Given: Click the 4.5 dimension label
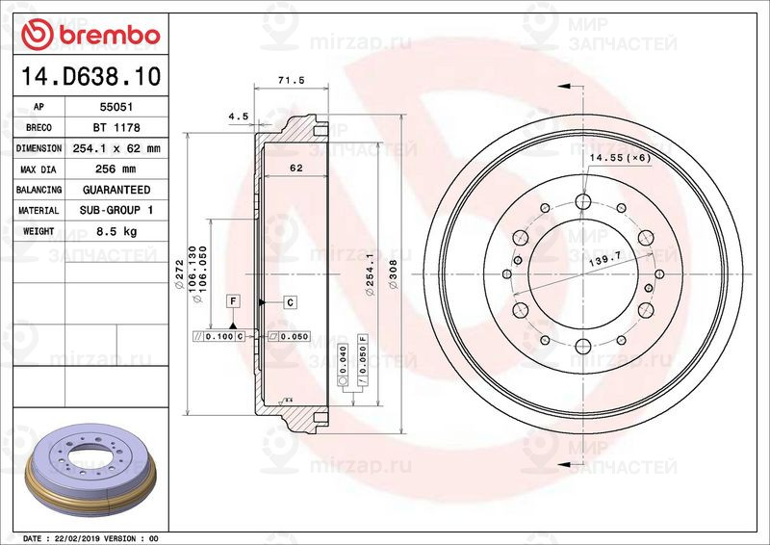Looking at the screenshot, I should click(x=238, y=117).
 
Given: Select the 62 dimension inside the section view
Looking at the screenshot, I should click(x=296, y=168).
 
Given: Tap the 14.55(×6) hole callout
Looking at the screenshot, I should click(x=620, y=156).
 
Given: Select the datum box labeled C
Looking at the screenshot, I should click(x=290, y=302).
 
